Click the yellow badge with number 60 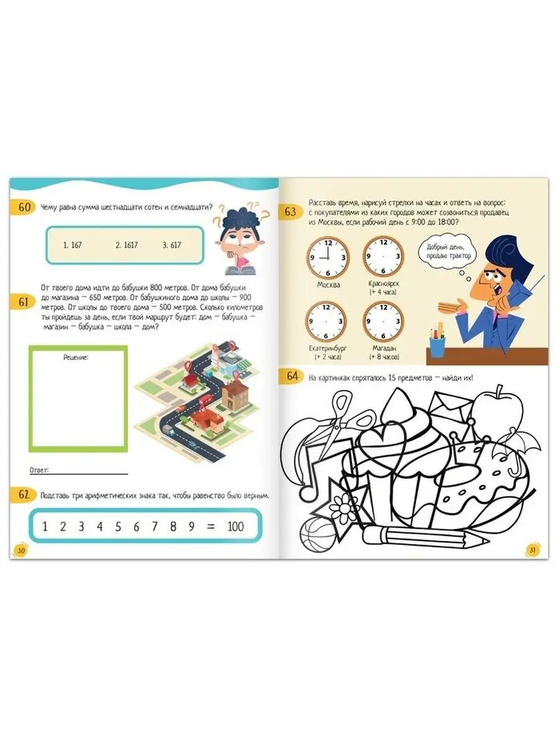pos(24,207)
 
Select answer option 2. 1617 pos(126,245)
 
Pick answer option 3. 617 pos(172,245)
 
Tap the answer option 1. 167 pos(72,245)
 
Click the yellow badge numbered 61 pos(24,302)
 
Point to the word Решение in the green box pos(76,358)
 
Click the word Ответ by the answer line pos(39,471)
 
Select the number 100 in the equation pos(235,526)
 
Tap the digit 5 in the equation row pos(118,526)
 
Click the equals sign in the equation pos(211,526)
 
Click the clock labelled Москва pos(327,258)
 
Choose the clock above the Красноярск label pos(383,257)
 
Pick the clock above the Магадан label pos(383,322)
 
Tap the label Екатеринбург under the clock pos(328,348)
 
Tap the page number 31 pos(532,550)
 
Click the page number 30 pos(21,550)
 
